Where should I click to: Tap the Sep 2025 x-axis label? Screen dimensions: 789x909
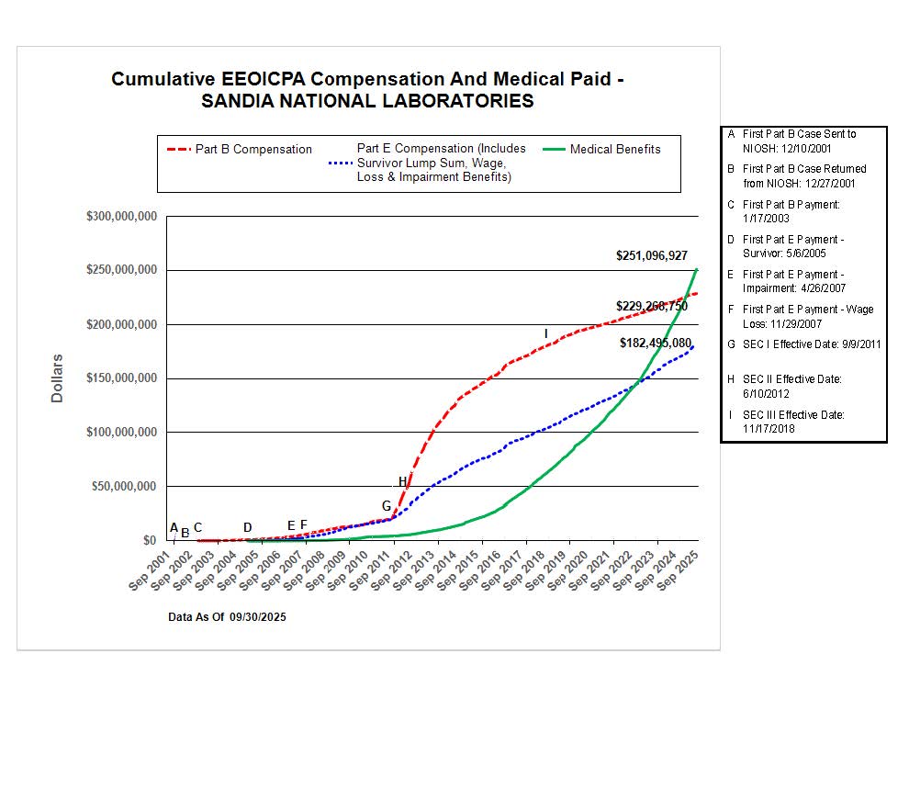pos(680,570)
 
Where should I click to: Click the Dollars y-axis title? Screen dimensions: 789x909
pos(57,378)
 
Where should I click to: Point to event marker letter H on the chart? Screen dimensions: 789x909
pos(402,482)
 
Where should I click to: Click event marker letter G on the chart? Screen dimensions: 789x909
pos(387,506)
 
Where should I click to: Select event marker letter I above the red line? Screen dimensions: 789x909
pos(545,333)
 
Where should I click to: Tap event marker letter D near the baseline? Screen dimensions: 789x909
pos(247,527)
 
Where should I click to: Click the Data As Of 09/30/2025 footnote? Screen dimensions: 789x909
pos(227,617)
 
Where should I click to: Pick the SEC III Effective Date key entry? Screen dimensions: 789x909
pos(793,422)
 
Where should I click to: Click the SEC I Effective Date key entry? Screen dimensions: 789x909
pos(811,344)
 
